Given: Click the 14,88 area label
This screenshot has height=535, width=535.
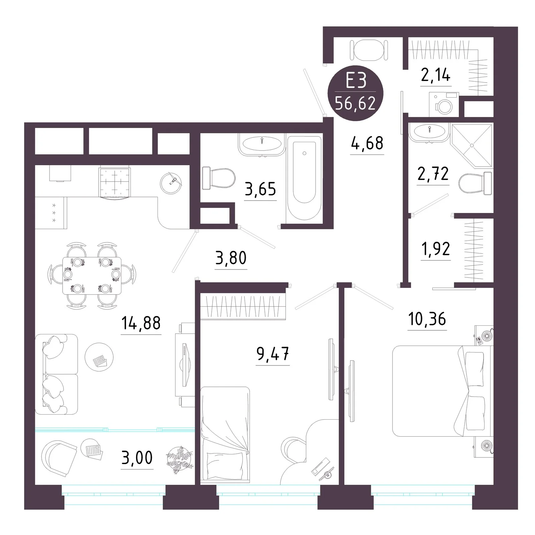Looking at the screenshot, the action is pos(141,323).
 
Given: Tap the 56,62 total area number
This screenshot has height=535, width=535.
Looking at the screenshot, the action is pos(355,104).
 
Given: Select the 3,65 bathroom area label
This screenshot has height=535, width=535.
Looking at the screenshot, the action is pos(260,189).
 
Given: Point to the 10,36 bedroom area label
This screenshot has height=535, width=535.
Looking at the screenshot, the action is pos(427,319).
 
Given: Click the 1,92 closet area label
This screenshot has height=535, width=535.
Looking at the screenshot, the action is pos(436,249).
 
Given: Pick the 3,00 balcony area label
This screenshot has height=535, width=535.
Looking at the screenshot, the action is pos(137,458).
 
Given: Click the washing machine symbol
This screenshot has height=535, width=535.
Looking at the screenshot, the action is pos(444,104).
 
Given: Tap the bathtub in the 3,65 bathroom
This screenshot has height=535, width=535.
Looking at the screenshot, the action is pos(304,178).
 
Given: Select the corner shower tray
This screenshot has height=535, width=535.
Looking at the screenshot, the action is pos(471,145).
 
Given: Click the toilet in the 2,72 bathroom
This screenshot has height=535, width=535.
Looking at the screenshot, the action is pos(475,183).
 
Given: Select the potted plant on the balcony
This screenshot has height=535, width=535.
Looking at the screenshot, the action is pos(180,459).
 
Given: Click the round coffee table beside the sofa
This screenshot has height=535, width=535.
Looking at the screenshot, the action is pos(99,357).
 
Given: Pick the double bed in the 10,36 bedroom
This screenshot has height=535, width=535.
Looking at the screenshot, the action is pos(442,391).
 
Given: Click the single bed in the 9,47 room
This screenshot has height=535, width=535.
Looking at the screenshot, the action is pos(225,435).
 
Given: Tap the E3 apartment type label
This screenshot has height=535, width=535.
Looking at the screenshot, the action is pos(356,81).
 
